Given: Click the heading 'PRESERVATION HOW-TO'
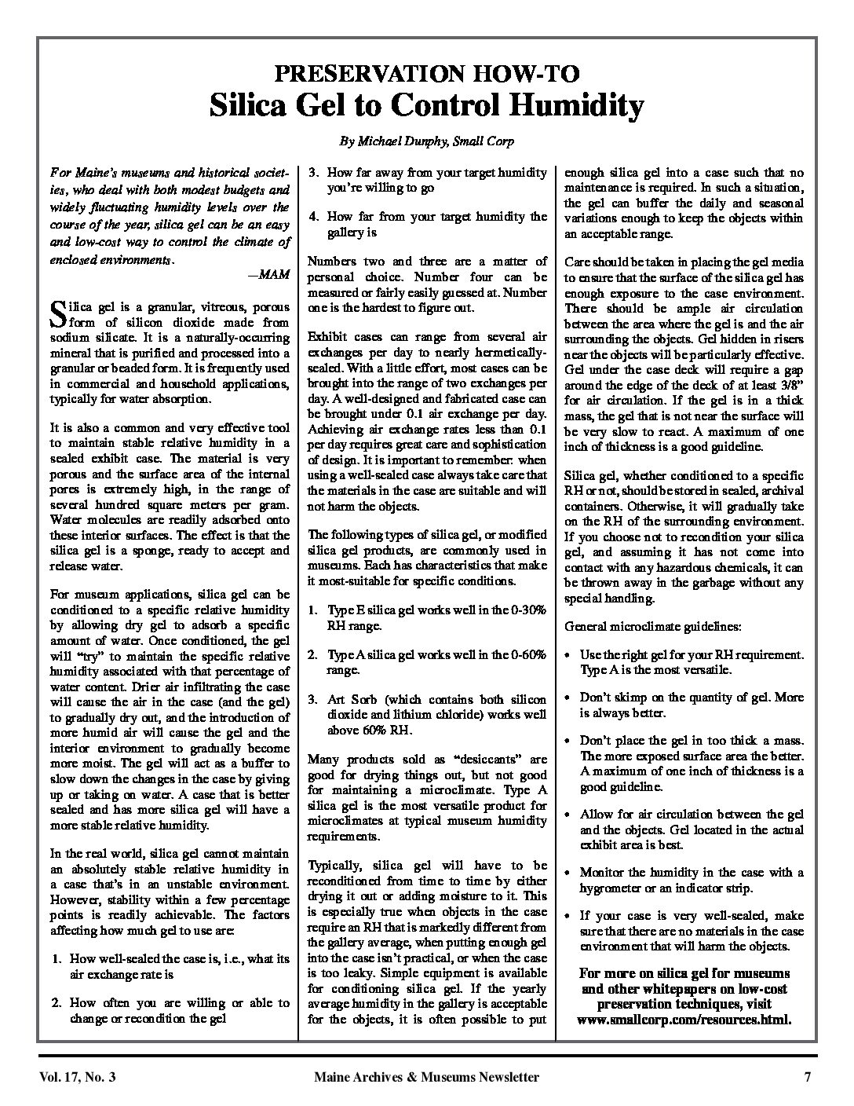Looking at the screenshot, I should click(427, 74).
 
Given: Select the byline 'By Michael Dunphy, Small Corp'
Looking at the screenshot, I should click(427, 141).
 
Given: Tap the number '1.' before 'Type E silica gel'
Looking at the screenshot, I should click(312, 610).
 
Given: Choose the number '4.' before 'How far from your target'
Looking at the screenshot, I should click(312, 216).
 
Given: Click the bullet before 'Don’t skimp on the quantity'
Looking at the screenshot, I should click(569, 698).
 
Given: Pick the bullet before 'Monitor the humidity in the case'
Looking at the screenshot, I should click(569, 873).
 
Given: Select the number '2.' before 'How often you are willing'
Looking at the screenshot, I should click(57, 1003).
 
